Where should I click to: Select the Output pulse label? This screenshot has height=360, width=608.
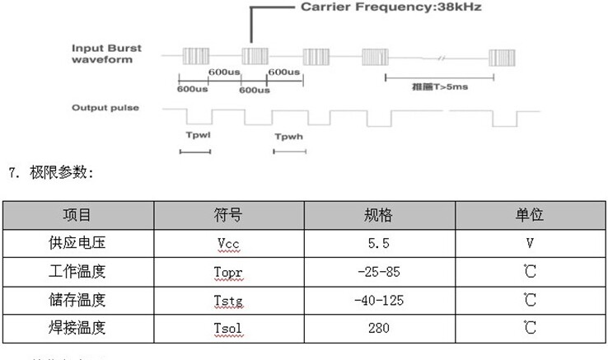tap(105, 108)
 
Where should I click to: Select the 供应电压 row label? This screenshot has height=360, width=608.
tap(77, 244)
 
